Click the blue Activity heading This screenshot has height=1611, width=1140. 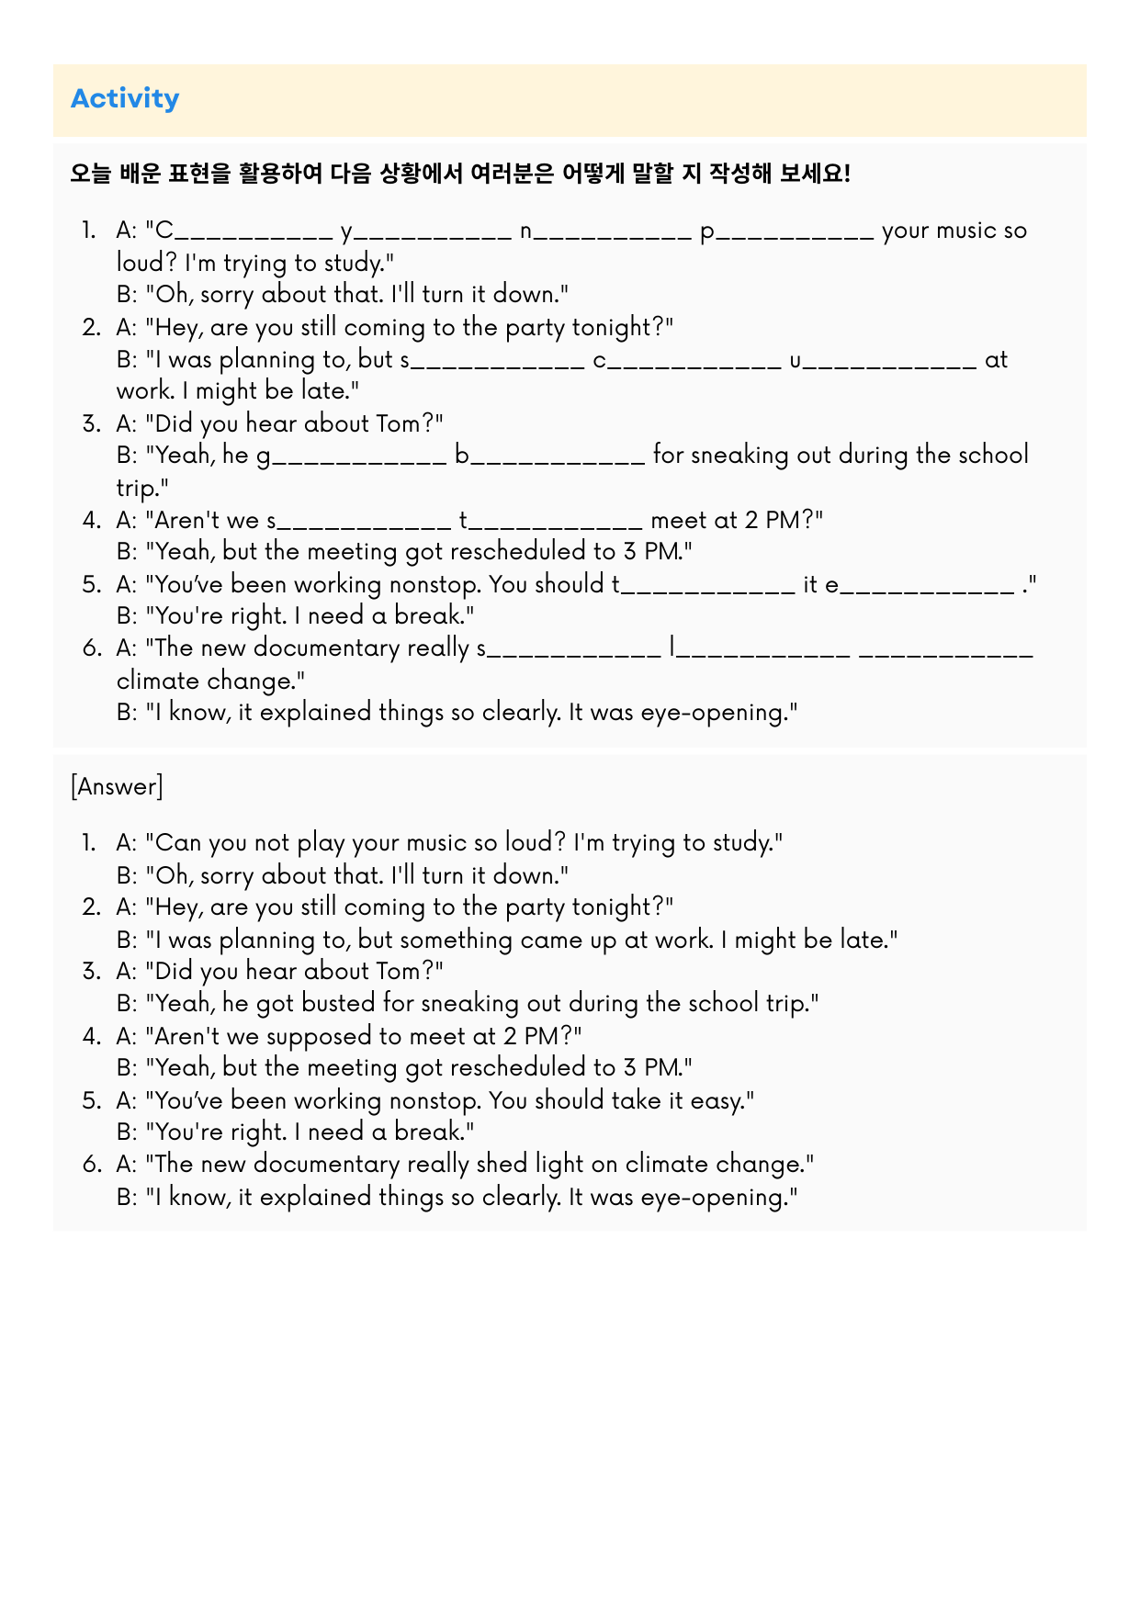pos(125,98)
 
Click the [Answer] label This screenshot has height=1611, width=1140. pos(117,786)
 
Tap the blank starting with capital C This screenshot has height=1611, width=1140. pos(243,231)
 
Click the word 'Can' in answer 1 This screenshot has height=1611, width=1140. pos(178,842)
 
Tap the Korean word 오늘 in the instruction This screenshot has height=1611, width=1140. pos(90,173)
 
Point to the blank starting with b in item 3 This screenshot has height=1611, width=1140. pos(550,456)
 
